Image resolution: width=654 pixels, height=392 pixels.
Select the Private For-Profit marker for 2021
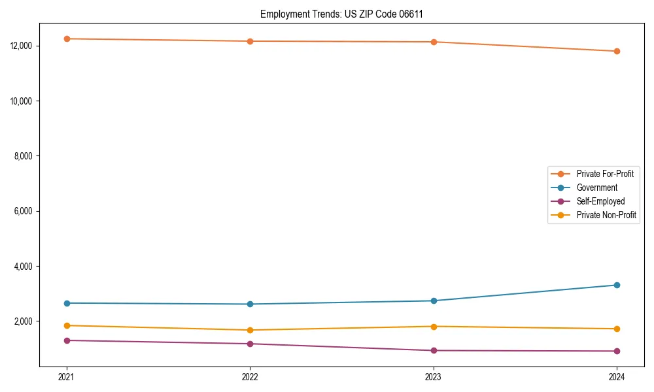click(x=67, y=39)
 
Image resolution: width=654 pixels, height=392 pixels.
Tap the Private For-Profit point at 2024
click(x=617, y=51)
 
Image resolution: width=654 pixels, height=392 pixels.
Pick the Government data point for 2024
click(x=617, y=285)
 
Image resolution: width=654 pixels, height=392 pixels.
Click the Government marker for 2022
click(x=250, y=304)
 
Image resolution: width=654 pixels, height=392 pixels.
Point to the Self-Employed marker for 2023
click(x=434, y=350)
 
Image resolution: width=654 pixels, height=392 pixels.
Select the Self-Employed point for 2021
click(x=67, y=340)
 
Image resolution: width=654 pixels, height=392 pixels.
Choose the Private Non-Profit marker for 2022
click(x=250, y=330)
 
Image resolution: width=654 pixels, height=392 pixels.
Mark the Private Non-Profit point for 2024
click(x=617, y=329)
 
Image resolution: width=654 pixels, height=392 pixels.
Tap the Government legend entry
click(x=596, y=188)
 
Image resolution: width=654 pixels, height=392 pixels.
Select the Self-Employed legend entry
click(x=600, y=201)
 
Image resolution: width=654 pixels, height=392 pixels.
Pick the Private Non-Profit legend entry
click(x=606, y=215)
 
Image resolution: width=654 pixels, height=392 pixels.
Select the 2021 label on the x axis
click(x=67, y=376)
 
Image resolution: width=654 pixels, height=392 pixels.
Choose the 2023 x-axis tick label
click(x=434, y=376)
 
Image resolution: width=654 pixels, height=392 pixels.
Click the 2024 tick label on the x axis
click(x=617, y=376)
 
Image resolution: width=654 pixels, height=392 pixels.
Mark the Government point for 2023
click(x=434, y=301)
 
